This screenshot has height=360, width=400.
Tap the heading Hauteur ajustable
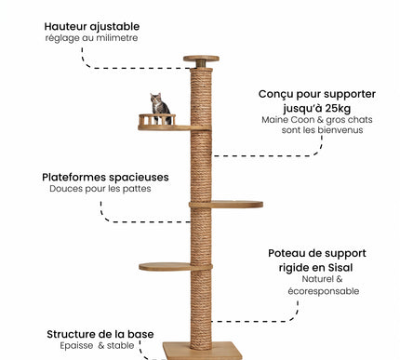click(87, 26)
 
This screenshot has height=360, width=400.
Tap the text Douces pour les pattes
click(100, 189)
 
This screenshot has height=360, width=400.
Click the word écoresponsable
click(324, 291)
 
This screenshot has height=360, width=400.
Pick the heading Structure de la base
click(100, 334)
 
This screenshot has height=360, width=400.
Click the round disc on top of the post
click(201, 59)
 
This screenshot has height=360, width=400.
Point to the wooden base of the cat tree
click(202, 350)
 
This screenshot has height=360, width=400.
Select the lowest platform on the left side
click(165, 267)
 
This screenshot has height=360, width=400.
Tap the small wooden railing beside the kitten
click(146, 119)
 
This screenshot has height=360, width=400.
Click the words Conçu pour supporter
click(305, 93)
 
